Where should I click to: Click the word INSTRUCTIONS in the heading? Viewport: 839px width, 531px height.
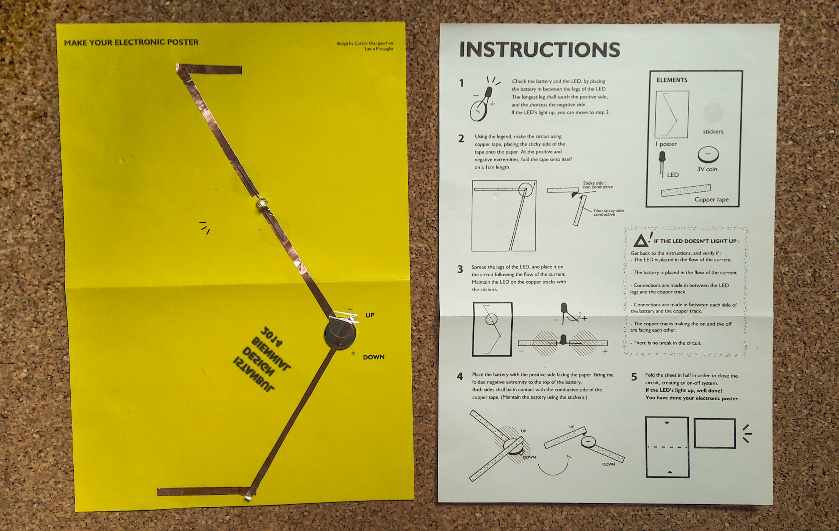[539, 49]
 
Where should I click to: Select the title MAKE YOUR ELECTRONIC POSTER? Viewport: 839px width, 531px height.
[131, 42]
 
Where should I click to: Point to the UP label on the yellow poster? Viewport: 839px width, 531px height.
[370, 315]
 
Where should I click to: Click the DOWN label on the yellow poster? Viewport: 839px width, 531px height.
[373, 357]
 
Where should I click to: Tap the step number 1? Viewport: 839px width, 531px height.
[462, 83]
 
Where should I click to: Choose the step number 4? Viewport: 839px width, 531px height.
[460, 377]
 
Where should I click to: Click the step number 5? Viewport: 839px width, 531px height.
[634, 377]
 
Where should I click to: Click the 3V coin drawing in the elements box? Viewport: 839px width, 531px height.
[708, 155]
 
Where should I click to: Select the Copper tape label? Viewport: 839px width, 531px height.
[711, 199]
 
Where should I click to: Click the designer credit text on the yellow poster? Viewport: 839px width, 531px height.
[364, 46]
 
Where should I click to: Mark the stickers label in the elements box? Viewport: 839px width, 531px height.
[713, 131]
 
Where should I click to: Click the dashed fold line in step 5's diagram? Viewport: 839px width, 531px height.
[667, 447]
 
